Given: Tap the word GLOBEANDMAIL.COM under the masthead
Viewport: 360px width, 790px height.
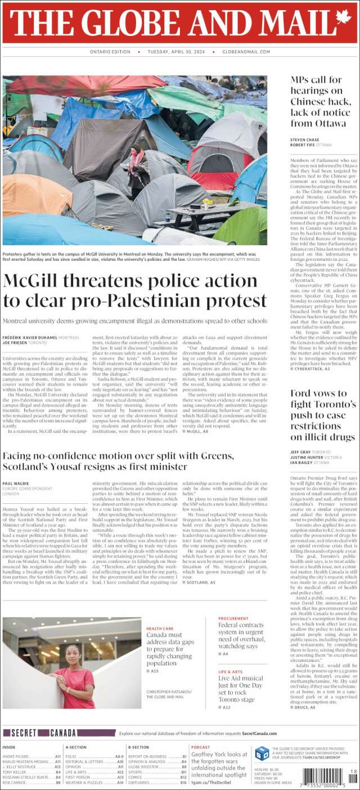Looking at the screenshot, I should click(x=246, y=52).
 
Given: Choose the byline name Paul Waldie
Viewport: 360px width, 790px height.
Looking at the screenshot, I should click(x=16, y=484).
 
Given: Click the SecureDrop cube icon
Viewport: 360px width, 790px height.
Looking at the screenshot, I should click(x=262, y=753).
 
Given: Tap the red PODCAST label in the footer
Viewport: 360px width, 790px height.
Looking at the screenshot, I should click(x=200, y=747).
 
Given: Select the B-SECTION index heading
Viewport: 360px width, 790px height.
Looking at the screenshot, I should click(x=138, y=747).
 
